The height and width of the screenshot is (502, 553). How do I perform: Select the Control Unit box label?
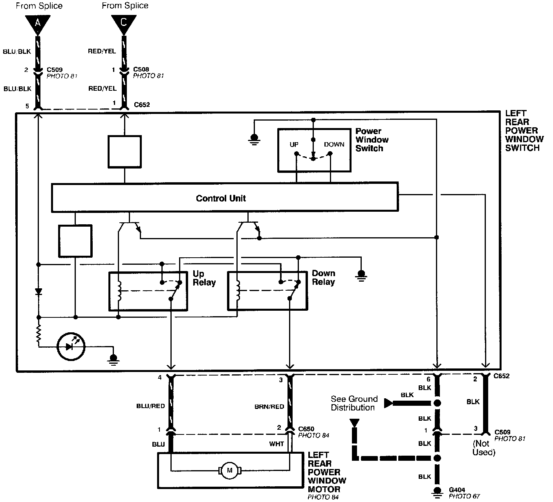coord(221,198)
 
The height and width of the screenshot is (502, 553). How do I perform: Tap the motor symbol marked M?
coord(230,470)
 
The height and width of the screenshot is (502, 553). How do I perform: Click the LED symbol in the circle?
coord(71,346)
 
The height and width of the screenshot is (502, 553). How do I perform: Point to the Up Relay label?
coord(204,278)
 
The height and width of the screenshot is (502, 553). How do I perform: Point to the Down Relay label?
coord(323,277)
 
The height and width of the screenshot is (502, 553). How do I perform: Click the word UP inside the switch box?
coord(294,145)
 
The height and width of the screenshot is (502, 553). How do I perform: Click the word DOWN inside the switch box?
coord(334,145)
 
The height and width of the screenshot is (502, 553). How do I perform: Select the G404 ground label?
coord(457,490)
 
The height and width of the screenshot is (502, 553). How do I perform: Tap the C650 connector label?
coord(306,429)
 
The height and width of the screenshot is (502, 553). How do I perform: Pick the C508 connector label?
coord(141,70)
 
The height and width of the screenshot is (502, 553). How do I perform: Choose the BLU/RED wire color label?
coord(150,406)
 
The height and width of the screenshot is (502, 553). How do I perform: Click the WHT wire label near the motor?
coord(276,444)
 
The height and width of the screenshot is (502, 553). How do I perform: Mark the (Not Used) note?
coord(484,448)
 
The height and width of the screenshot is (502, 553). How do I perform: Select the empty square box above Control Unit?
coord(125,152)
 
